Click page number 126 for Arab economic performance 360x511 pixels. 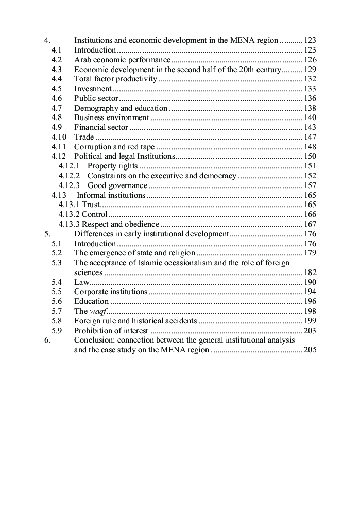[310, 60]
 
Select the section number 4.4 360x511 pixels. [57, 79]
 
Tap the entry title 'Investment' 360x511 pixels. [93, 89]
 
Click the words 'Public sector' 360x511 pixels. [96, 98]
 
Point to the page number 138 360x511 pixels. [310, 108]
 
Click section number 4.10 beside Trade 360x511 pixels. [59, 137]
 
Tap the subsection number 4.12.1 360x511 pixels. [69, 166]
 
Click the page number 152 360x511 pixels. [310, 176]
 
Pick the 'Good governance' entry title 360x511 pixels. [117, 185]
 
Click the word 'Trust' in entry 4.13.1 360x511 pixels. [91, 205]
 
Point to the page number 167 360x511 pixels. [310, 224]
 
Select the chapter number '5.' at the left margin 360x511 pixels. [47, 234]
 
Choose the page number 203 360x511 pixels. [310, 331]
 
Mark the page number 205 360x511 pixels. [310, 350]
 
